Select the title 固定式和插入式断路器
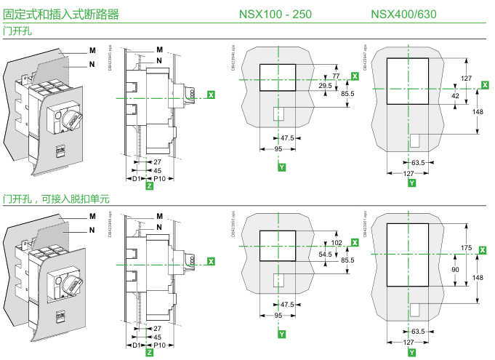tap(61, 14)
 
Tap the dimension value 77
tap(336, 76)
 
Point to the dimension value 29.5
tap(326, 86)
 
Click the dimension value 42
tap(455, 95)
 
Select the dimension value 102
tap(336, 243)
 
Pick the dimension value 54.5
tap(326, 254)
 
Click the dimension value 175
tap(466, 249)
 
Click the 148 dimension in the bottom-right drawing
tap(478, 278)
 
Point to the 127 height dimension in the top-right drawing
tap(466, 77)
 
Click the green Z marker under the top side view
tap(149, 187)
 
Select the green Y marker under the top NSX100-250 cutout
tap(281, 168)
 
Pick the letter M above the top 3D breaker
tap(92, 49)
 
